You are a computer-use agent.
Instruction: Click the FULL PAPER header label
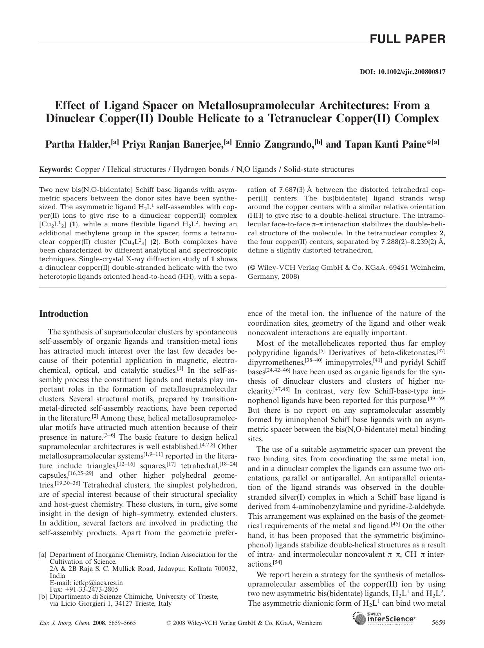tap(407, 39)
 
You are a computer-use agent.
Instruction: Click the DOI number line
tap(402, 72)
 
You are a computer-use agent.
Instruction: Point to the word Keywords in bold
tap(56, 170)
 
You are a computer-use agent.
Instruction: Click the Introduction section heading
tap(64, 314)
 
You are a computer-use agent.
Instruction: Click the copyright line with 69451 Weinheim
tap(346, 268)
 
